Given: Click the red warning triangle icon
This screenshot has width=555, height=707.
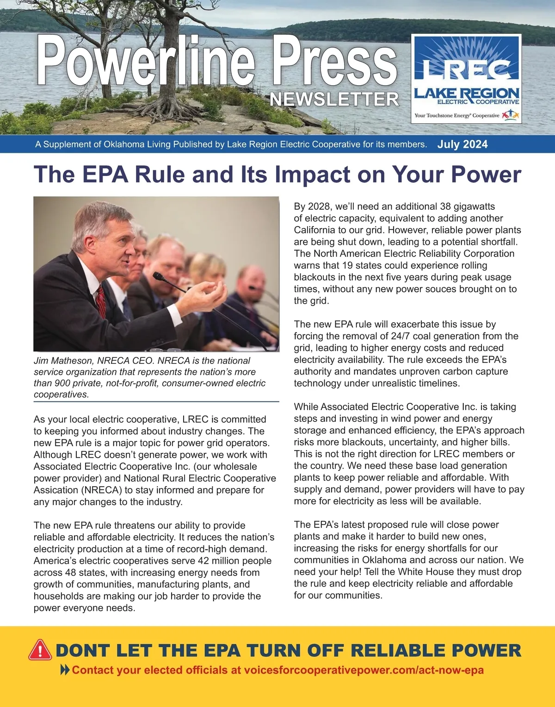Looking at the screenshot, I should click(x=40, y=650).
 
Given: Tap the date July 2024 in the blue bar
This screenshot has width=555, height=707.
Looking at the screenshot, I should click(x=462, y=144).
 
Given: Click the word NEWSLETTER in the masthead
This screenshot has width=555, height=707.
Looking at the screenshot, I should click(x=334, y=99).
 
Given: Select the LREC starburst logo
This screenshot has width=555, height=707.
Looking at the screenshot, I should click(x=466, y=60).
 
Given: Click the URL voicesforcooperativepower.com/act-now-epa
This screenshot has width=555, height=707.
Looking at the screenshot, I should click(x=364, y=670).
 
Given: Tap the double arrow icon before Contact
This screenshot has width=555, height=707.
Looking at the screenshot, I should click(x=65, y=670).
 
